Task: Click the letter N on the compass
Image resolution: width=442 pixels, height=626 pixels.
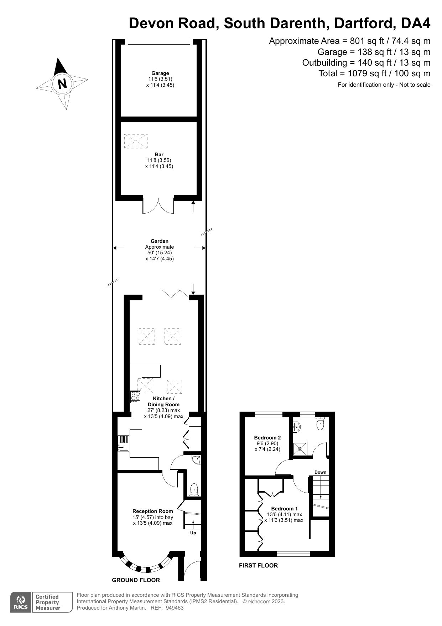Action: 62,83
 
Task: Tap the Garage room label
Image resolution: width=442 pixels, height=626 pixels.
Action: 160,73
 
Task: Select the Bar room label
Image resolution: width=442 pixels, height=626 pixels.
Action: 159,154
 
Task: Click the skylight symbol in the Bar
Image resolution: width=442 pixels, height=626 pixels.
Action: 136,141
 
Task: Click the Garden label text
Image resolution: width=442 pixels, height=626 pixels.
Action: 160,241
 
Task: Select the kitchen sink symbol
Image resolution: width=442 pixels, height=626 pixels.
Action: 123,443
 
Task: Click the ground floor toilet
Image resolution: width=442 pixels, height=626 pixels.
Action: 194,489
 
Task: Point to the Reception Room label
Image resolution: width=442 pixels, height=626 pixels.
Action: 152,511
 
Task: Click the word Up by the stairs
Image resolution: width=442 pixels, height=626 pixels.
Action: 193,533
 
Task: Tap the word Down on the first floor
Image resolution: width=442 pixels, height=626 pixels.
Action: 320,472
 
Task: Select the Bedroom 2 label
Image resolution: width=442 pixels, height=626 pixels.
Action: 267,438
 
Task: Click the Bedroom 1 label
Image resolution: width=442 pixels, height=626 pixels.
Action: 284,509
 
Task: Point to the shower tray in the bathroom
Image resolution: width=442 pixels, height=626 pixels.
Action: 300,449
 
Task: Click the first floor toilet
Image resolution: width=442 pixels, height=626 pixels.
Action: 320,424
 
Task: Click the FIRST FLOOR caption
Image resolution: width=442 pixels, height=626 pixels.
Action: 258,565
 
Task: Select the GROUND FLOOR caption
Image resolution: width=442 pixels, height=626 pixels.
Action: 136,580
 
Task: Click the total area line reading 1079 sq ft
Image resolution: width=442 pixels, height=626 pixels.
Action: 374,73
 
